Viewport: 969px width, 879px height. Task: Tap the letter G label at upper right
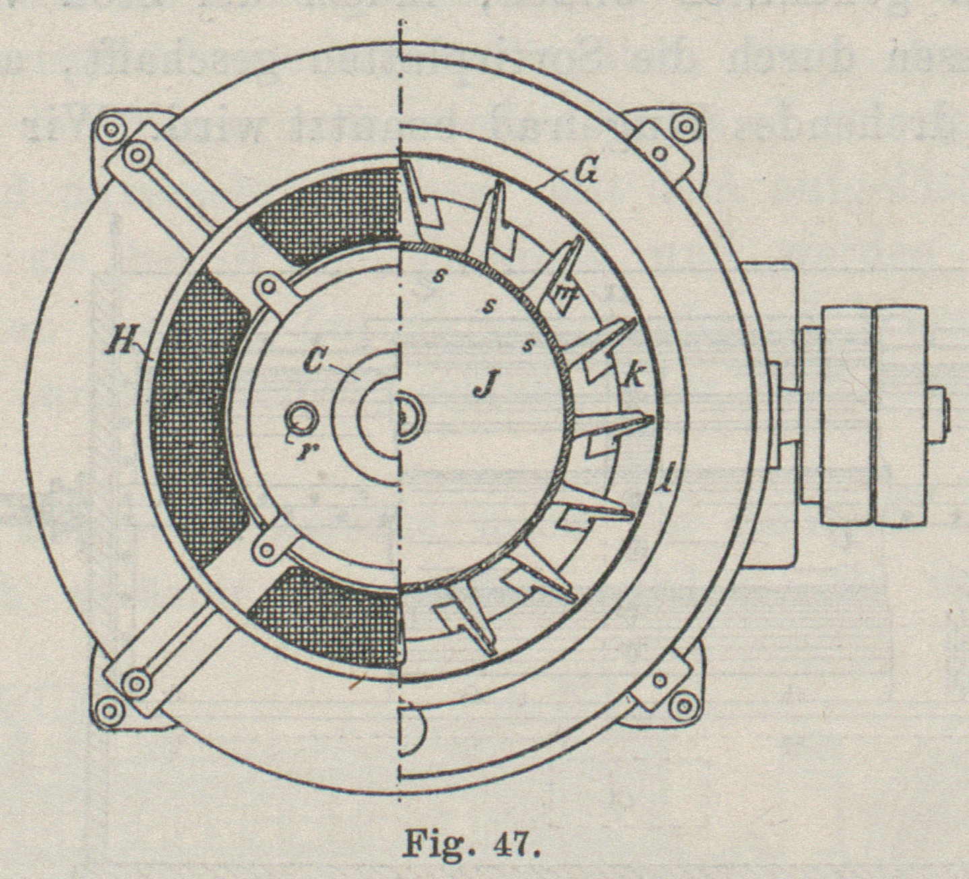[x=589, y=175]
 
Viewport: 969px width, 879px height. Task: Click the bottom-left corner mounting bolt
[x=110, y=709]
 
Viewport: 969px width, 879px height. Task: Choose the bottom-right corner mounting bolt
[x=685, y=706]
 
